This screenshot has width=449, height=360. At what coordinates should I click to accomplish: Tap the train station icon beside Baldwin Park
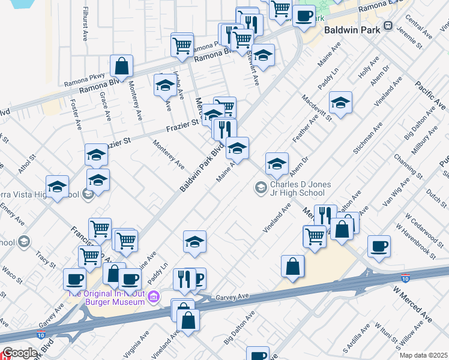pos(388,26)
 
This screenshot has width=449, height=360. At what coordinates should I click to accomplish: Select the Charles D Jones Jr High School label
pos(297,188)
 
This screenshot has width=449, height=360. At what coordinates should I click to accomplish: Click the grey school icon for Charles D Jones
pos(261,188)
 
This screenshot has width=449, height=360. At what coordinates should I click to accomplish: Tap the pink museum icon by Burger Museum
pos(154,296)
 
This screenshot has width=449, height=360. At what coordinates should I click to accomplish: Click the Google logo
pos(19,353)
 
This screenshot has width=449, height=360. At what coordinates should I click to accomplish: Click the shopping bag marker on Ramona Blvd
pos(121,66)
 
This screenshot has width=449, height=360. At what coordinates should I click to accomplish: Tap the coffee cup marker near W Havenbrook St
pos(379,247)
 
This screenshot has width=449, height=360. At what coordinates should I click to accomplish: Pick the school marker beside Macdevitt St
pos(340,103)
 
